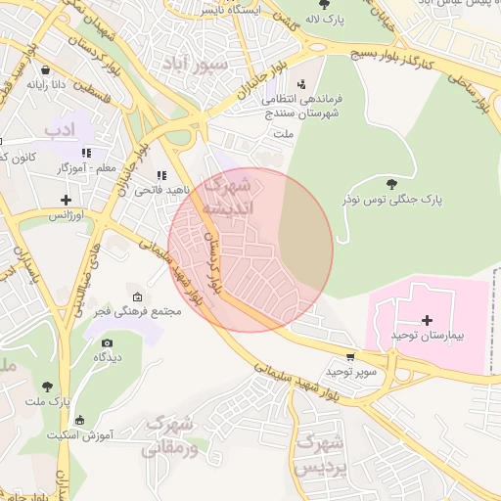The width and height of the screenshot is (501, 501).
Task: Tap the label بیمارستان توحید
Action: tap(427, 336)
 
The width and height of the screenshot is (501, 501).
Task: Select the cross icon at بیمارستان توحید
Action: tap(426, 320)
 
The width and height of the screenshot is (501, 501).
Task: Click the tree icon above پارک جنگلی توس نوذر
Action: tap(392, 183)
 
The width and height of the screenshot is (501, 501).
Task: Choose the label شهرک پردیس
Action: tap(321, 454)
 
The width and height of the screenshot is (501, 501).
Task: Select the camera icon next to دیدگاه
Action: tap(107, 343)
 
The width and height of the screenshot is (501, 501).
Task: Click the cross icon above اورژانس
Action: tap(66, 199)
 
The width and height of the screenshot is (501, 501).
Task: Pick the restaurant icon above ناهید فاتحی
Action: tap(160, 174)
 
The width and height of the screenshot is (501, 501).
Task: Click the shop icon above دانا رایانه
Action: tap(48, 70)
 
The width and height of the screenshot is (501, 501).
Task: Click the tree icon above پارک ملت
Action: tap(47, 387)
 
